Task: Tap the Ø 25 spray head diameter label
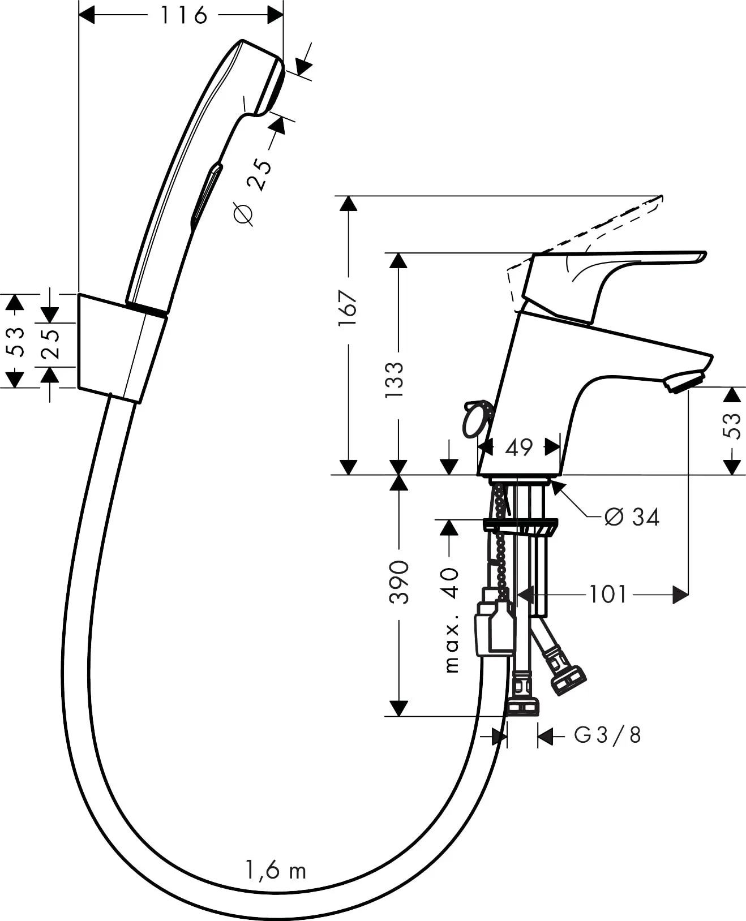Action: (x=251, y=191)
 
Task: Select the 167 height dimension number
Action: (x=348, y=308)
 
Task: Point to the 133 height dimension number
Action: (x=395, y=380)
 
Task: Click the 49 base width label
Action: (x=519, y=447)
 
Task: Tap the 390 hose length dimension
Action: (x=400, y=582)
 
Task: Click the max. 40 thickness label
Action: (x=451, y=620)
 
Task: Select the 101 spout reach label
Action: (x=608, y=595)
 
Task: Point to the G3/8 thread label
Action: (x=608, y=735)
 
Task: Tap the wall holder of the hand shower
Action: (x=120, y=348)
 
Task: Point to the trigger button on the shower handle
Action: (x=205, y=195)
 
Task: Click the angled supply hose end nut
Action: (x=568, y=679)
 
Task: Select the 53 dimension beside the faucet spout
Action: (x=731, y=426)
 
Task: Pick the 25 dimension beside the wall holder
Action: (x=51, y=344)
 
